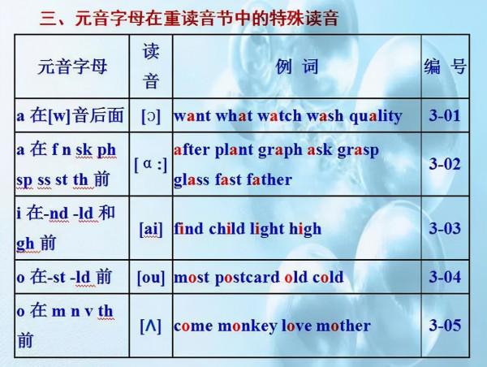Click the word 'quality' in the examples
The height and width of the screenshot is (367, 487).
click(375, 115)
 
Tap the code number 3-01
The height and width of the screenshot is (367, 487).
click(445, 115)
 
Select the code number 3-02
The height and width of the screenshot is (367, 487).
click(445, 165)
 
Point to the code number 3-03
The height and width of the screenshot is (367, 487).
click(445, 229)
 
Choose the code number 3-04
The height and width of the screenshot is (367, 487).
click(445, 277)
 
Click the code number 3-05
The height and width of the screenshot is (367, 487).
click(445, 326)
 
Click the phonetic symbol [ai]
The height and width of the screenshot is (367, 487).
click(151, 229)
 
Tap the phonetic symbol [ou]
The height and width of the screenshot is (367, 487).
click(151, 277)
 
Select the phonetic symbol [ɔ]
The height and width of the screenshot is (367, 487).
click(151, 115)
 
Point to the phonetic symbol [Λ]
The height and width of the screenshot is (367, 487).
click(151, 326)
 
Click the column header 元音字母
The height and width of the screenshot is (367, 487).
click(71, 67)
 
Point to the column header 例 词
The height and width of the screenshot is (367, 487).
click(297, 67)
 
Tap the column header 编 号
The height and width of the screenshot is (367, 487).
click(445, 67)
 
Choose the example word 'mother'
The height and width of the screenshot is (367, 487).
click(343, 326)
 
